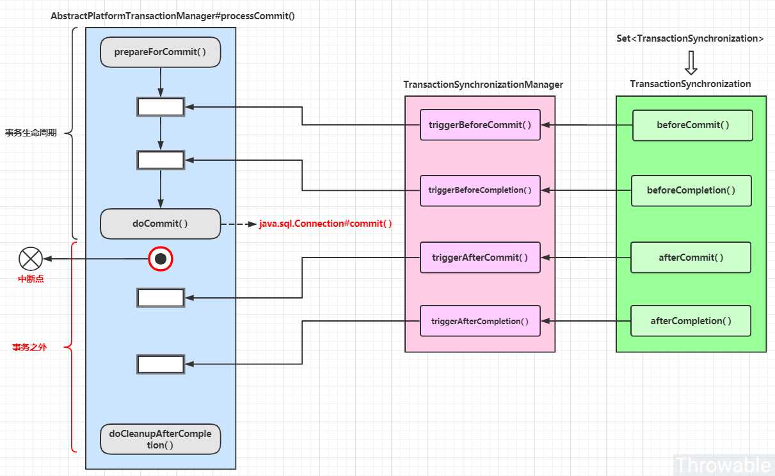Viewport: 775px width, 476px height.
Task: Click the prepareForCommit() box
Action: point(160,52)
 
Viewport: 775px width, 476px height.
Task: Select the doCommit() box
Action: point(160,224)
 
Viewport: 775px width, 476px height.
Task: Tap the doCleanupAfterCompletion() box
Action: point(160,439)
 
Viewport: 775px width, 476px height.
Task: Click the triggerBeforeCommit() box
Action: point(480,125)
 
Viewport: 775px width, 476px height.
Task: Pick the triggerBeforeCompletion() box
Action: point(480,190)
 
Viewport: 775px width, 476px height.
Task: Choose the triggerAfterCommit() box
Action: point(480,258)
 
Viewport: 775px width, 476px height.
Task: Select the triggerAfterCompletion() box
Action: point(480,321)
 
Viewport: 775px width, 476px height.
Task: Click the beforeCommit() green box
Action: point(692,125)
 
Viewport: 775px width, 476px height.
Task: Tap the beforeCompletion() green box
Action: point(691,190)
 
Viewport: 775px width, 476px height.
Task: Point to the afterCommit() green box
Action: point(691,258)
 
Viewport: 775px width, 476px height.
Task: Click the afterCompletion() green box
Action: point(691,321)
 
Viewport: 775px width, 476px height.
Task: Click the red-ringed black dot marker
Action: point(161,259)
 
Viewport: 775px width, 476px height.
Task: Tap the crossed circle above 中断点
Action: point(31,259)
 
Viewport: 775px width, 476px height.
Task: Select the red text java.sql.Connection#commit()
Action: point(326,224)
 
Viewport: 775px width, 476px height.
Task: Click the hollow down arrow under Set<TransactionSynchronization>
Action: point(691,63)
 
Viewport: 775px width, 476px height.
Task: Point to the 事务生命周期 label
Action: point(31,133)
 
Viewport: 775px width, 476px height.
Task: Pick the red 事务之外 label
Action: point(29,347)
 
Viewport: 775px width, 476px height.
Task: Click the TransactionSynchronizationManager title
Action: point(483,85)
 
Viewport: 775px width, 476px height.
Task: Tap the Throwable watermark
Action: point(723,464)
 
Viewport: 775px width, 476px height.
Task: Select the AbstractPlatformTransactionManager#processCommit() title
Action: point(173,16)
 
